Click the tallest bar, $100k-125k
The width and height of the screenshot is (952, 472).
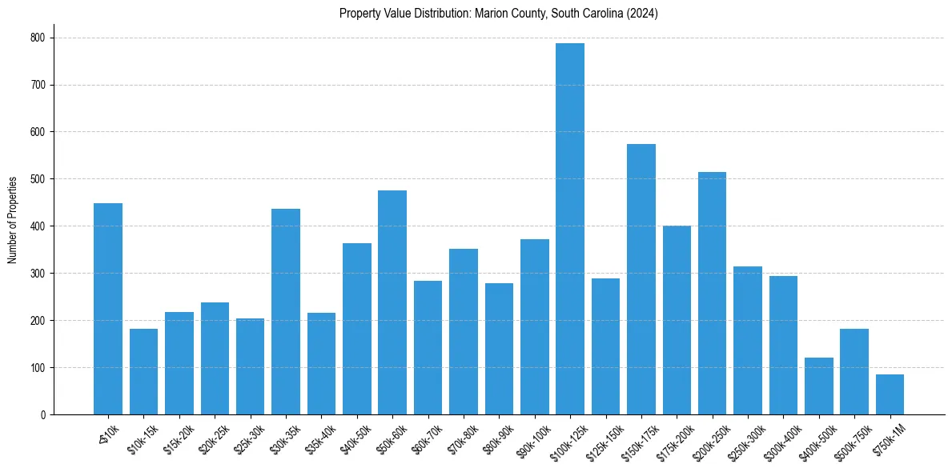click(570, 229)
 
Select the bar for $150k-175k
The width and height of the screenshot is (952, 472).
click(641, 279)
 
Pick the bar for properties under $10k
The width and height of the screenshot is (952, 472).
click(108, 309)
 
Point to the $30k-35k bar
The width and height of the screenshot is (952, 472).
click(286, 312)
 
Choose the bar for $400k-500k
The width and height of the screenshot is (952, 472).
click(819, 386)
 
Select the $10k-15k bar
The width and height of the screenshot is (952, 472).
click(144, 372)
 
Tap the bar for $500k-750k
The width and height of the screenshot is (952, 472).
click(854, 372)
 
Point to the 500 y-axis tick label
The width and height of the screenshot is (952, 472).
click(38, 179)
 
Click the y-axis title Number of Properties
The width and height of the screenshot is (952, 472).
click(13, 220)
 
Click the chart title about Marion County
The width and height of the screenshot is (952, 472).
click(498, 14)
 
